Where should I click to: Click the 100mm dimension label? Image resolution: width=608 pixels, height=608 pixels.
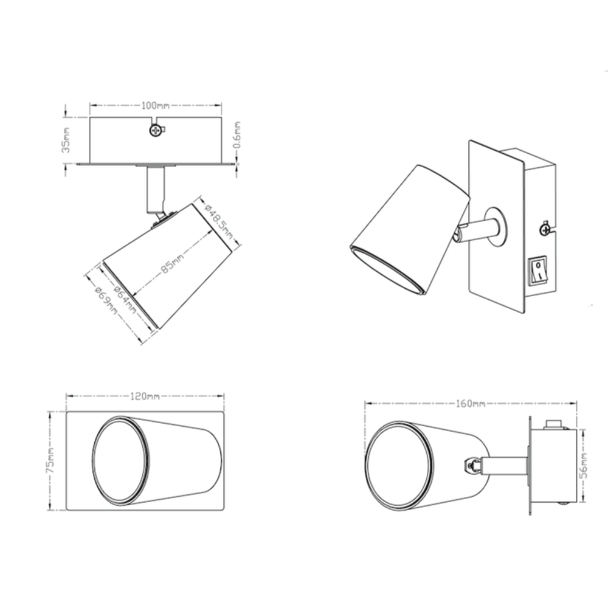(155, 105)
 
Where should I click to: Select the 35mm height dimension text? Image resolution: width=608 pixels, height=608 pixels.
(66, 140)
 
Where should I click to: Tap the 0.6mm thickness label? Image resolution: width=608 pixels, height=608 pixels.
(237, 135)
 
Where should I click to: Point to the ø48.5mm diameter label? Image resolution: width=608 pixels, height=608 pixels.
(219, 221)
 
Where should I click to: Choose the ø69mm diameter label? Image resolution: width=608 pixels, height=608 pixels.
(105, 301)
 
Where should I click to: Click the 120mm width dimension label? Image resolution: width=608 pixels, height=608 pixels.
(145, 396)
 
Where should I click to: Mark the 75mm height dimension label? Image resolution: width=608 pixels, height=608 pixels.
(50, 460)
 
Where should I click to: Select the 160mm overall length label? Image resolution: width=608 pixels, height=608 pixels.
(471, 404)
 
